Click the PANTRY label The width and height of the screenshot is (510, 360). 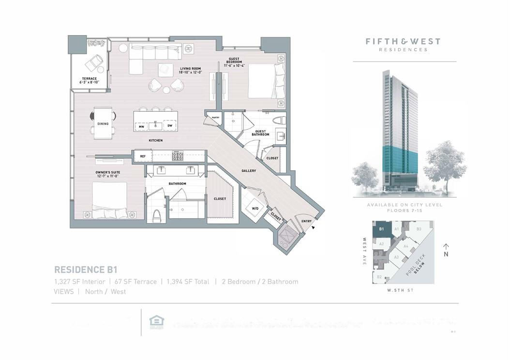(x=212, y=117)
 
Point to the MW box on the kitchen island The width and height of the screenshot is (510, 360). (x=142, y=126)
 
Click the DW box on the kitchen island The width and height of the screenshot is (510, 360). (x=170, y=126)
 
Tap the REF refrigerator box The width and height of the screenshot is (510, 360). (x=143, y=156)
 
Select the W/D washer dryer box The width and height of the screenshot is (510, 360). (x=255, y=209)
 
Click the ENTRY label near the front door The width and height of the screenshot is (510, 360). (x=307, y=221)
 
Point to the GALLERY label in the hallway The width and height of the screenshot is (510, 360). (x=249, y=171)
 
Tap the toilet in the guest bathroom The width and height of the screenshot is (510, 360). (x=279, y=121)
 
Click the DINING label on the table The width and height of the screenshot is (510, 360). (x=103, y=124)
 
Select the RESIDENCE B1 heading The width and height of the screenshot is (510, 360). (x=86, y=270)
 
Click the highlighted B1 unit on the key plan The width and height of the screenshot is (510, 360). (x=382, y=229)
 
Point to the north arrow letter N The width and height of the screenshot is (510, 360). (x=447, y=254)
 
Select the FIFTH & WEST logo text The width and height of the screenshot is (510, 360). (x=403, y=42)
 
